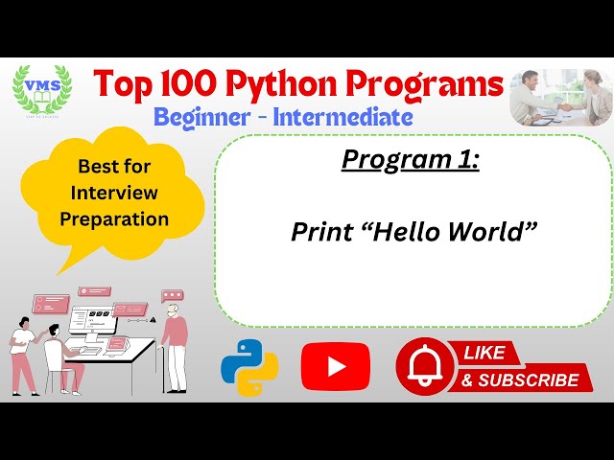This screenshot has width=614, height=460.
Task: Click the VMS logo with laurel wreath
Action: [41, 91]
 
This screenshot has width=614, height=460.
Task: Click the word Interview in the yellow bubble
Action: [114, 193]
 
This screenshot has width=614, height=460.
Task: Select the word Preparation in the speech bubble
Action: [114, 218]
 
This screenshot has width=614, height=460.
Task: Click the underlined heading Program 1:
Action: [410, 160]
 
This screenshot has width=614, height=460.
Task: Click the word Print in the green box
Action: [321, 232]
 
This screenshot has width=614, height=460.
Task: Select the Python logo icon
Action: [249, 368]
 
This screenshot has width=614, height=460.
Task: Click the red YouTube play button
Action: [335, 366]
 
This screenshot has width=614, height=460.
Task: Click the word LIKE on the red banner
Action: [484, 353]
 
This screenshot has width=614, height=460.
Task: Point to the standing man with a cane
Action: [175, 340]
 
